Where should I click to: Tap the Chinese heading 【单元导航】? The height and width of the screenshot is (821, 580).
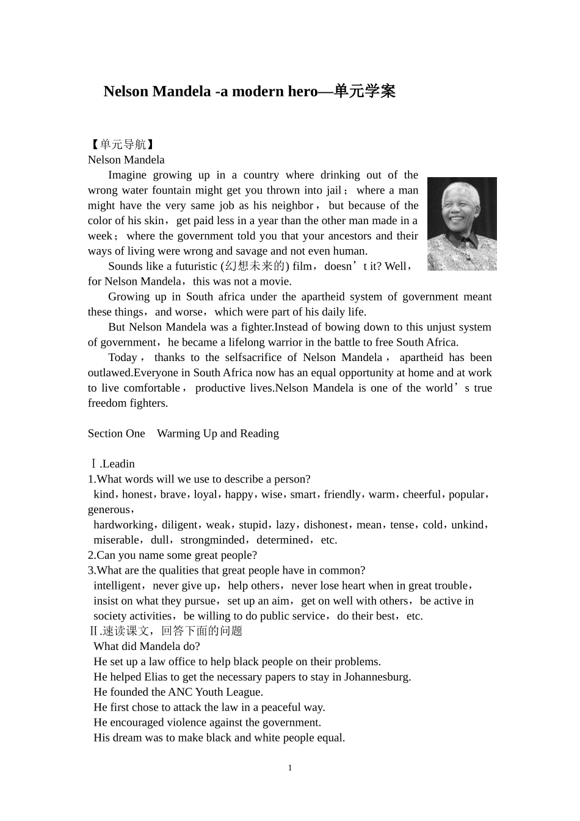[122, 145]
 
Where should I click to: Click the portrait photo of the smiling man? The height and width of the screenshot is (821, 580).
[462, 224]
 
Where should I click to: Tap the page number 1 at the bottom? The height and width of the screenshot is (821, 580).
[290, 768]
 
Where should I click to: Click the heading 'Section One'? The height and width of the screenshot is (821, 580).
[116, 434]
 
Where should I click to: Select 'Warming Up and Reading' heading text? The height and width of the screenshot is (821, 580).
[218, 434]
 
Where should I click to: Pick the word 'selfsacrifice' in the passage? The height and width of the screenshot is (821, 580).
[253, 357]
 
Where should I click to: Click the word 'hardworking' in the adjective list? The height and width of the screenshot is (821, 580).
[123, 525]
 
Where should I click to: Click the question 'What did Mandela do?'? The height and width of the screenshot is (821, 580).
[147, 646]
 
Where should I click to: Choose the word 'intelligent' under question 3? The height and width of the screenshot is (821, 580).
[117, 586]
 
